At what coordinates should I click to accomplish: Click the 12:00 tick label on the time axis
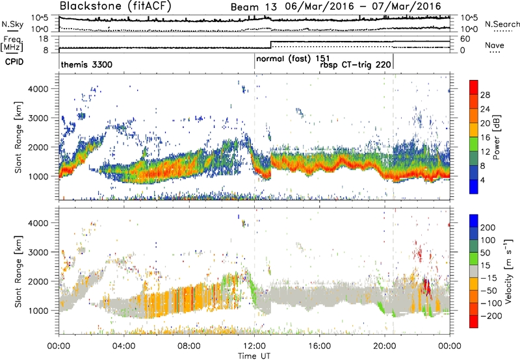pyautogui.click(x=254, y=346)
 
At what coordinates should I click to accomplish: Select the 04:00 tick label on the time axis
pyautogui.click(x=123, y=346)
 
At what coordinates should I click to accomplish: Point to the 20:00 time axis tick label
pyautogui.click(x=384, y=346)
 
